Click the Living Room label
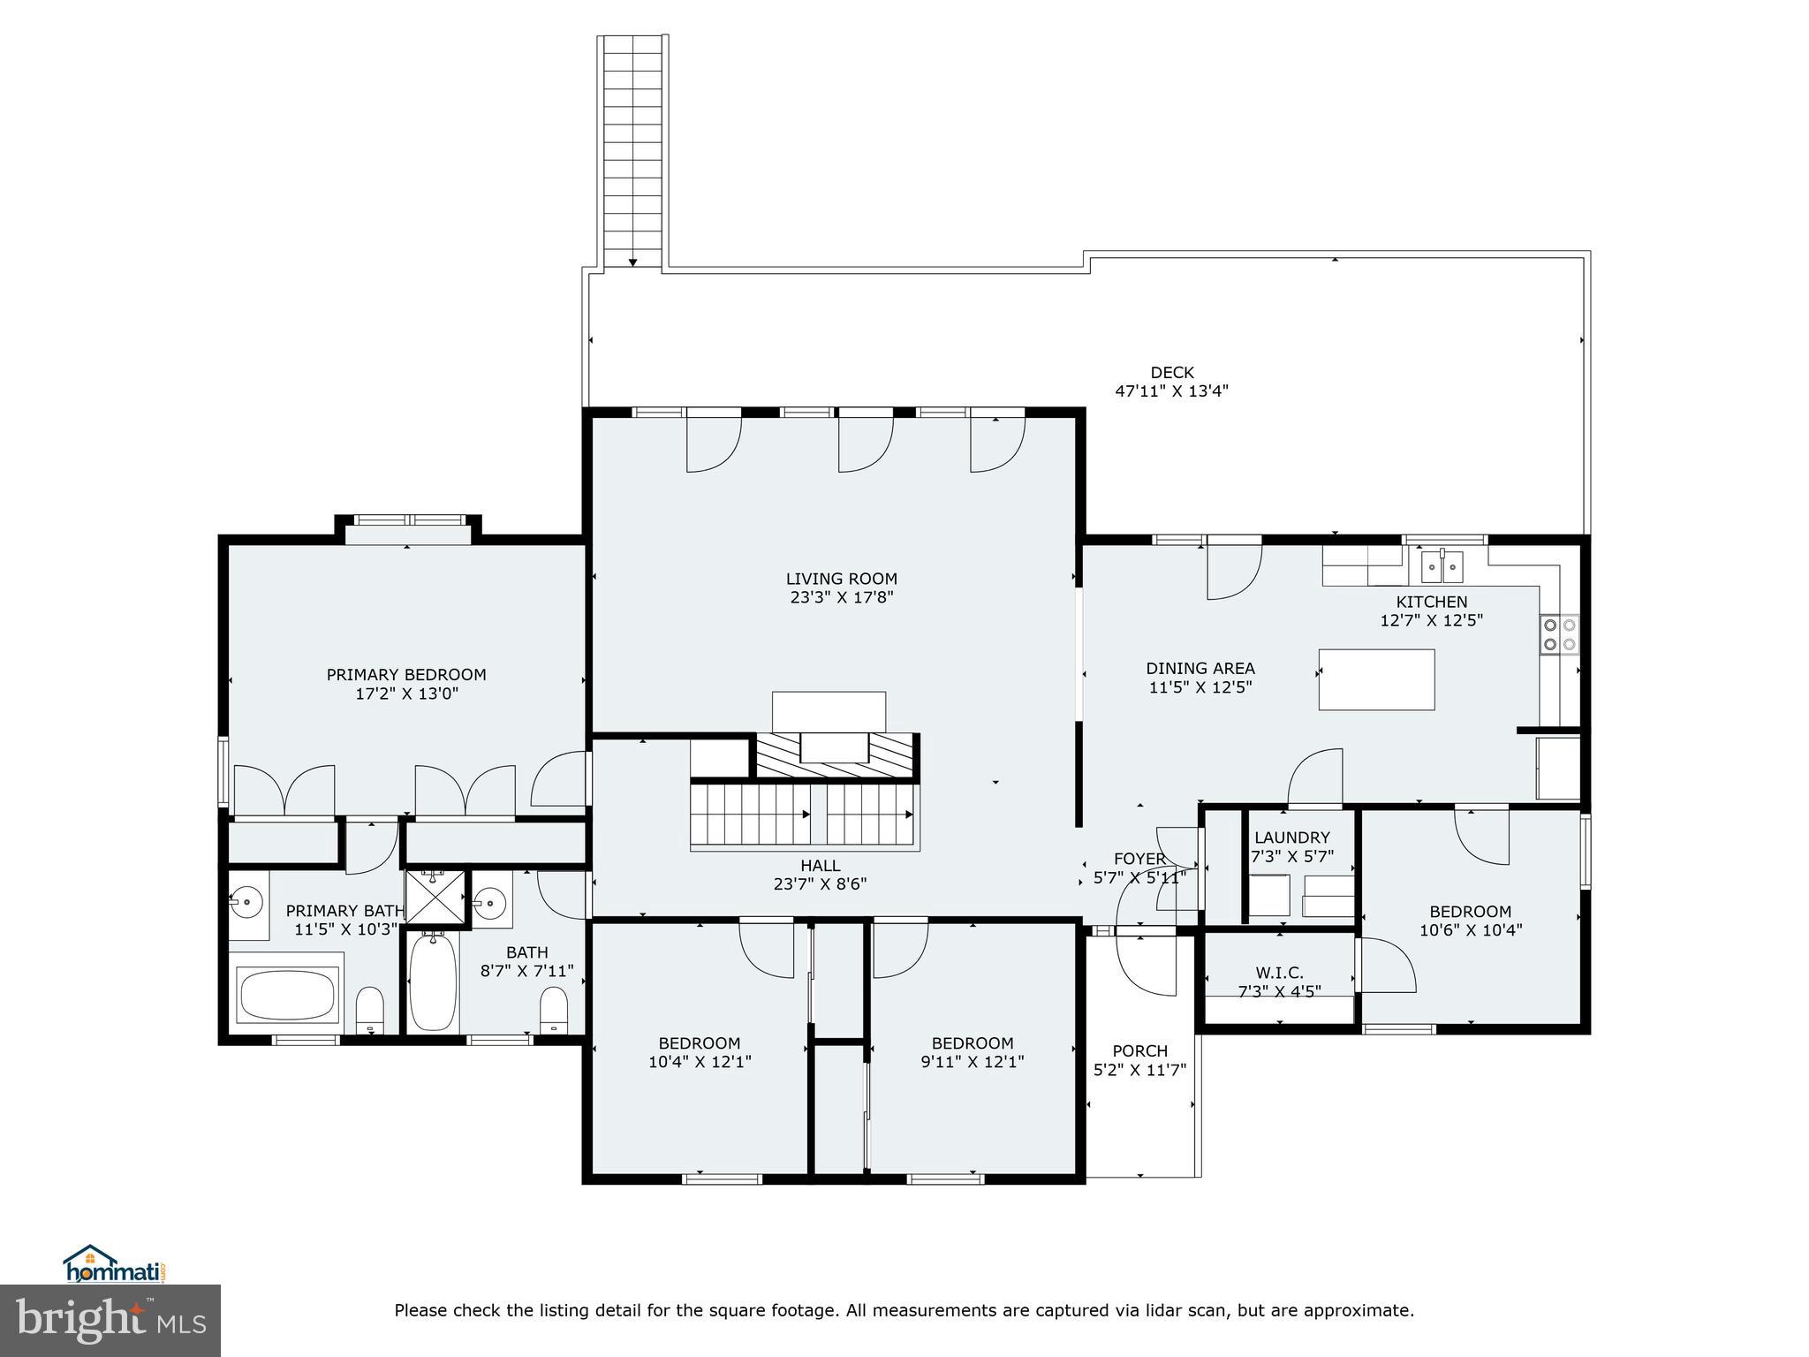click(x=841, y=579)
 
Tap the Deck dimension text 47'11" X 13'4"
click(x=1171, y=391)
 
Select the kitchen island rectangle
click(x=1376, y=679)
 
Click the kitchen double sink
click(x=1442, y=566)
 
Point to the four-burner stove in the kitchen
click(x=1559, y=634)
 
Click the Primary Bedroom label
click(x=406, y=675)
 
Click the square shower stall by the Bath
click(x=435, y=898)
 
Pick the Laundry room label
click(x=1291, y=838)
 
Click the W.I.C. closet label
click(x=1279, y=973)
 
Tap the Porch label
click(x=1139, y=1051)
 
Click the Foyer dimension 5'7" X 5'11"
click(x=1139, y=877)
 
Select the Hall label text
click(x=820, y=866)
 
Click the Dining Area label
click(x=1200, y=669)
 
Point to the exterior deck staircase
click(x=632, y=150)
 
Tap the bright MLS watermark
click(x=110, y=1320)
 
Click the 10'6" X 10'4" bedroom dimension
click(x=1471, y=930)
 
